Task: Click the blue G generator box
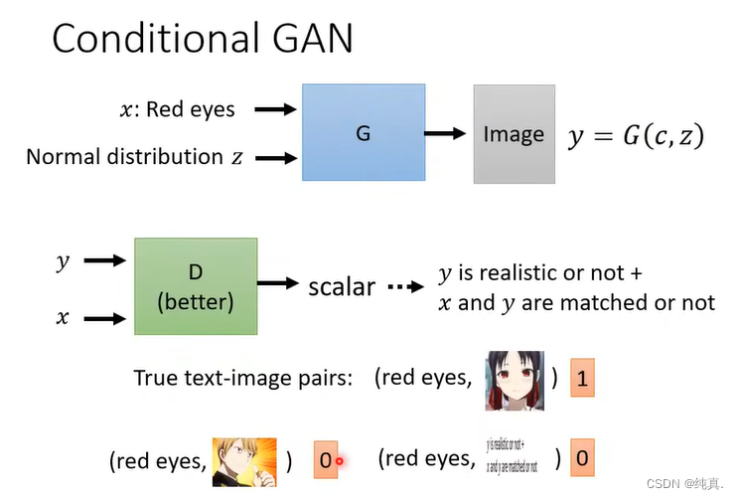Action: point(363,133)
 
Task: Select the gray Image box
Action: point(513,134)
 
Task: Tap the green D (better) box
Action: point(196,286)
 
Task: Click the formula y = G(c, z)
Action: point(636,135)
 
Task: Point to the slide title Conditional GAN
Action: point(203,39)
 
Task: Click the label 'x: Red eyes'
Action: point(177,109)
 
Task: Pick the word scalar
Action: point(342,287)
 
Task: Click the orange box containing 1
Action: point(582,379)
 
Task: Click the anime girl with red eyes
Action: point(516,379)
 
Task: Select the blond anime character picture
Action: point(243,460)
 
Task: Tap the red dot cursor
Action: point(339,460)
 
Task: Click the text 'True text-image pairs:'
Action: point(242,379)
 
